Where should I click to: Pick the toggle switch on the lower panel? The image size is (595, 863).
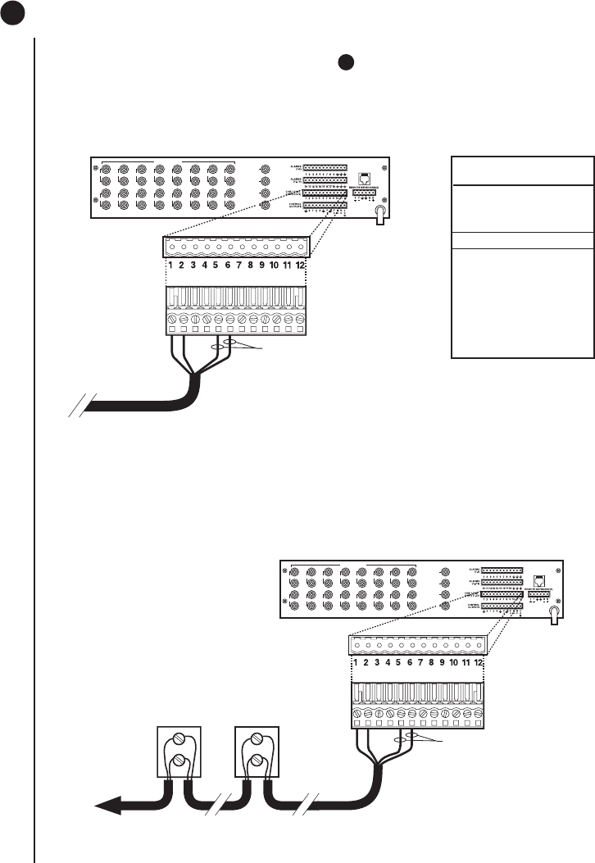[555, 611]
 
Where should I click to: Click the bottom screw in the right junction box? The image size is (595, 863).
[257, 768]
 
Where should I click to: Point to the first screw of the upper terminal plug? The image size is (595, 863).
[172, 319]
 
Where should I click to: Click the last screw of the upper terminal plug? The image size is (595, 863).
[300, 319]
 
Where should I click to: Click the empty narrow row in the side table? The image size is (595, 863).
[522, 240]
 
